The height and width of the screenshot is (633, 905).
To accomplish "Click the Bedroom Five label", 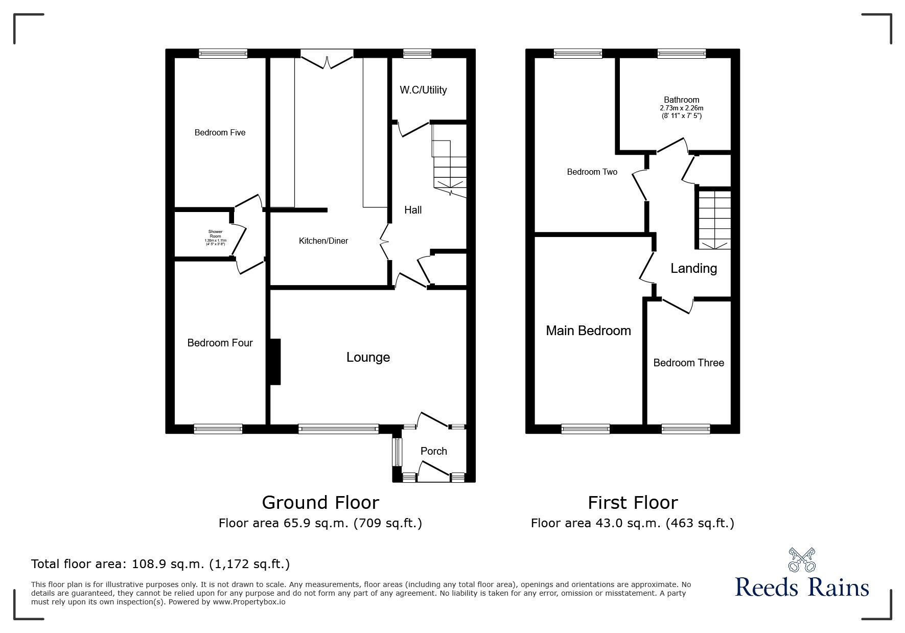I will coord(220,133).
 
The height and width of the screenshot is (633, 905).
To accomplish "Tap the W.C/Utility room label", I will coord(423,90).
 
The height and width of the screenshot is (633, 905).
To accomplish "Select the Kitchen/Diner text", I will coord(323,241).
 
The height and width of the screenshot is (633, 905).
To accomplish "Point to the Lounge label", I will coord(368,357).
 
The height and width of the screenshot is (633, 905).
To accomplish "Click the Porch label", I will coord(433,451).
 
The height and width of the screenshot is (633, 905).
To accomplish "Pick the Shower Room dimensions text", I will coord(215,241).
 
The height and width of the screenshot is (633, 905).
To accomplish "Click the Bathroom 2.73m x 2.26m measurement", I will coord(681,108).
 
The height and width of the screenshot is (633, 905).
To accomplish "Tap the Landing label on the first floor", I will coord(693,268).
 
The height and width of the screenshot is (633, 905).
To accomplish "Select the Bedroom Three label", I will coord(688,363).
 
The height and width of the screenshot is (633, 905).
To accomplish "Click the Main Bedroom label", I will coord(588,331).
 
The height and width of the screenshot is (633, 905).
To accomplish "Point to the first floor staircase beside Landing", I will coord(714,218).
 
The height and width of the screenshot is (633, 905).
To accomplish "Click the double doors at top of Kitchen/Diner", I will coord(327,57).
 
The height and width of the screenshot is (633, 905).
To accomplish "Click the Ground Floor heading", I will coord(320,503).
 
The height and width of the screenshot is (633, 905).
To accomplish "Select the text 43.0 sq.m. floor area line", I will coord(632,523).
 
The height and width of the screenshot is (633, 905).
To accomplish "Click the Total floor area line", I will coord(160,564).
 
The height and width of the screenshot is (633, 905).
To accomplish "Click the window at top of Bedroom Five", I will coord(223,53).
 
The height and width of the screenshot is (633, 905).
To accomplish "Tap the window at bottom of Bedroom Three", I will coord(685,429).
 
